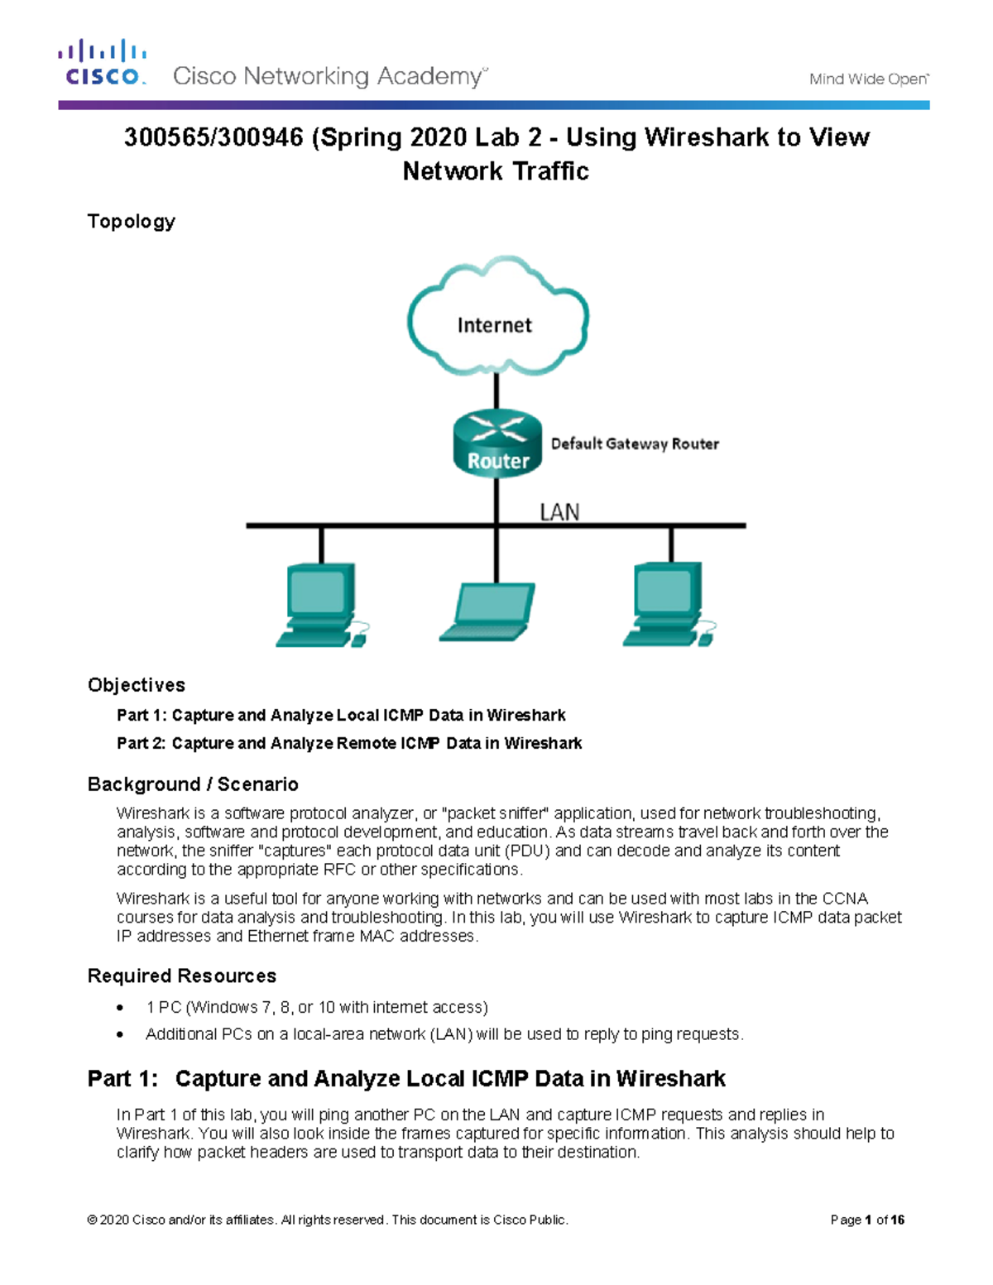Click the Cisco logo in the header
(x=103, y=63)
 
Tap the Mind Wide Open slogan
(x=868, y=79)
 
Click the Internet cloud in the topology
(x=496, y=319)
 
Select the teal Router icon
(x=497, y=444)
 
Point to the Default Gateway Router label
(x=635, y=444)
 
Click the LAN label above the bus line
(x=559, y=513)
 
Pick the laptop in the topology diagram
(x=487, y=612)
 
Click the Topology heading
(x=132, y=222)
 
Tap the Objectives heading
(x=137, y=685)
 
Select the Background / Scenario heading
(x=193, y=784)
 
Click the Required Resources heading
(x=182, y=976)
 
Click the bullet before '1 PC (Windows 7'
(x=121, y=1008)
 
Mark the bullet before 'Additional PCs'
(x=121, y=1035)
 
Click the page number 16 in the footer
(x=898, y=1220)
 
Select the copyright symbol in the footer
(x=92, y=1220)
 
